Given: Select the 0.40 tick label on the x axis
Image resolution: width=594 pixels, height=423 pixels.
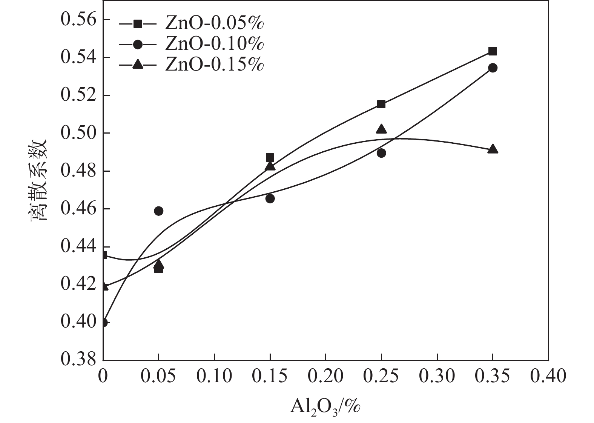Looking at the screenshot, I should (x=548, y=376).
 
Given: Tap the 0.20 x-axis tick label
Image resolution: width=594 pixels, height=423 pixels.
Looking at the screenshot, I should (x=325, y=376).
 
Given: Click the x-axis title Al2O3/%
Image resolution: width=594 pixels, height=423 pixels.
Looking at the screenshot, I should (x=325, y=407).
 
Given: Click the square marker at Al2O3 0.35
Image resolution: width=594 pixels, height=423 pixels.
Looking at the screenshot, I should (x=493, y=51).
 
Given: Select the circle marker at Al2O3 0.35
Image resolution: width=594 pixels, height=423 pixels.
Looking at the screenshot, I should (x=493, y=68).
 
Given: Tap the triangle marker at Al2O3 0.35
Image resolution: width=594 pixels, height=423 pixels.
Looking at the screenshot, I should (x=493, y=149).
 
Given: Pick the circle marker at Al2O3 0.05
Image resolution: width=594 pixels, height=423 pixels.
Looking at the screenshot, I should (x=159, y=211).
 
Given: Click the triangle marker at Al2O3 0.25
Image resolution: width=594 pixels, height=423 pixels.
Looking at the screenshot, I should (x=381, y=129).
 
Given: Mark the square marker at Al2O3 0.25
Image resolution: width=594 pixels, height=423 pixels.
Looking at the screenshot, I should (x=381, y=104).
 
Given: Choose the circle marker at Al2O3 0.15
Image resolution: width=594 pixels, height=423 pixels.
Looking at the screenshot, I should (x=270, y=198).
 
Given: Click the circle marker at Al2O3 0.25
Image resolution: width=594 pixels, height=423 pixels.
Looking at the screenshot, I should (x=381, y=153).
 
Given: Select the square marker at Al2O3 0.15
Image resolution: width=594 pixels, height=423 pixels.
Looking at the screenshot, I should (x=270, y=157).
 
